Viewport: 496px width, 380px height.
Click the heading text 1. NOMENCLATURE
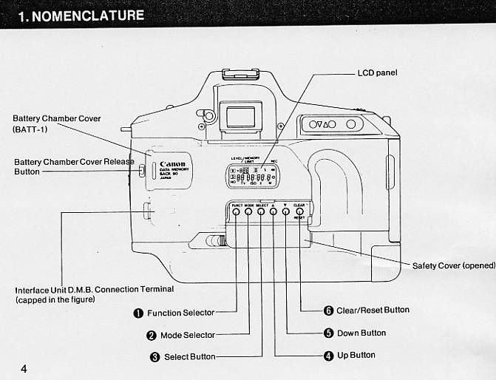point(81,14)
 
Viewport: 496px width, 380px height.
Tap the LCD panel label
point(377,73)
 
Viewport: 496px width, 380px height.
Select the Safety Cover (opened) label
point(453,265)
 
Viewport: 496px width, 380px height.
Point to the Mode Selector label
point(187,335)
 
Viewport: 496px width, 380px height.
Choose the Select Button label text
point(189,357)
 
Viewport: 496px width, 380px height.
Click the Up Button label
point(356,356)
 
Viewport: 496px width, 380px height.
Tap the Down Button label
point(361,333)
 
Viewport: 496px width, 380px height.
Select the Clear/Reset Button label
point(373,311)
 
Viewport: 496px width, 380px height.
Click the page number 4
point(24,368)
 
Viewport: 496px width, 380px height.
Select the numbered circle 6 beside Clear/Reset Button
point(328,311)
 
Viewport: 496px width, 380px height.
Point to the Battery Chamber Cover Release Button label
point(74,166)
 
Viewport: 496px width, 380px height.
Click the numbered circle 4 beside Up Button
point(328,356)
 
